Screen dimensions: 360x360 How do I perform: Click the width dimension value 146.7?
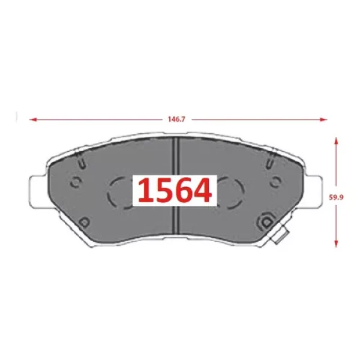pos(176,119)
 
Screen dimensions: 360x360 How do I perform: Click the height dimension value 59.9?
pos(336,197)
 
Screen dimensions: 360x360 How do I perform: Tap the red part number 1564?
pos(175,191)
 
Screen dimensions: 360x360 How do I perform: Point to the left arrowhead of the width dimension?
pos(33,119)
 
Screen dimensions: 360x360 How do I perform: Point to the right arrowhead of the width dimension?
pos(323,119)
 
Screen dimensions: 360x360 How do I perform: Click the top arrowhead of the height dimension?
pos(336,141)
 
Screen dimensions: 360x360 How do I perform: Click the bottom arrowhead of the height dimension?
pos(336,244)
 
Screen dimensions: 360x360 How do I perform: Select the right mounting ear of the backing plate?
pos(314,191)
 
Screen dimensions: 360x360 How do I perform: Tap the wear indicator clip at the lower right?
pos(280,235)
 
